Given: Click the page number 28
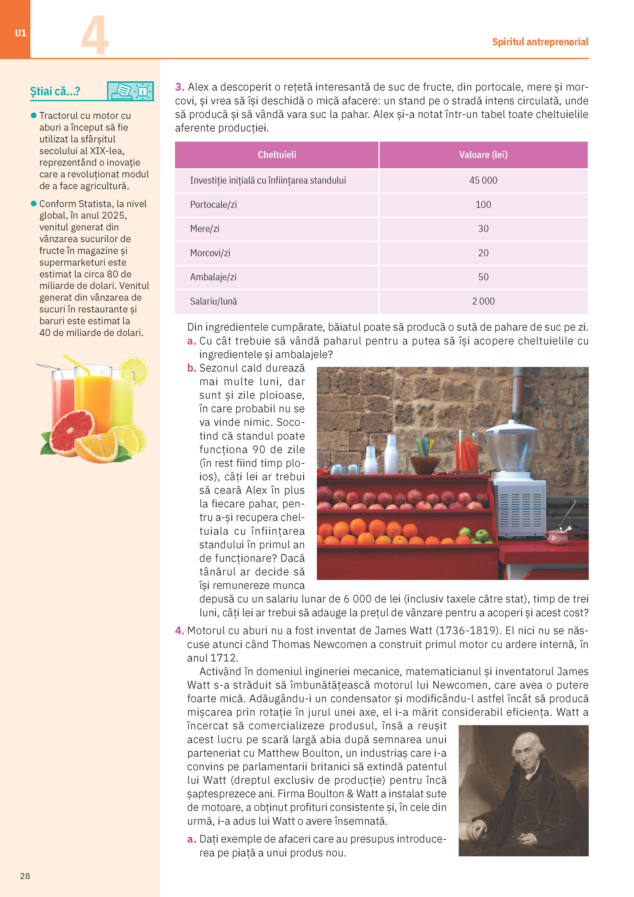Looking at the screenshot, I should (25, 876).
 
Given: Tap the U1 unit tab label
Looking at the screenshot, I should (20, 33).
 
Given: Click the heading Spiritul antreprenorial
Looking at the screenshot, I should (540, 42).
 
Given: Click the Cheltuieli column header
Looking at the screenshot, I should (277, 155).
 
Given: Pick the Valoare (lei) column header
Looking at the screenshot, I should (483, 155).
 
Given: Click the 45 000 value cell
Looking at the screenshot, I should (483, 181).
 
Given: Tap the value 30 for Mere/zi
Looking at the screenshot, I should (483, 229).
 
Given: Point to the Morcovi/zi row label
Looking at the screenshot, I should (210, 253).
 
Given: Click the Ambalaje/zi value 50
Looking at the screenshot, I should (483, 277).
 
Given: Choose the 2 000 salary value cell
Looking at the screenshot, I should (483, 301).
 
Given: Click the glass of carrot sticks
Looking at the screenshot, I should (467, 453).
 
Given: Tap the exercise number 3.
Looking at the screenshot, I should (179, 87).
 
